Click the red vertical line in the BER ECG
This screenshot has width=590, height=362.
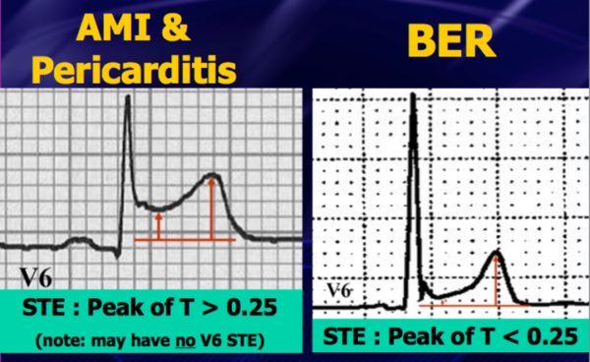click(x=497, y=280)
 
